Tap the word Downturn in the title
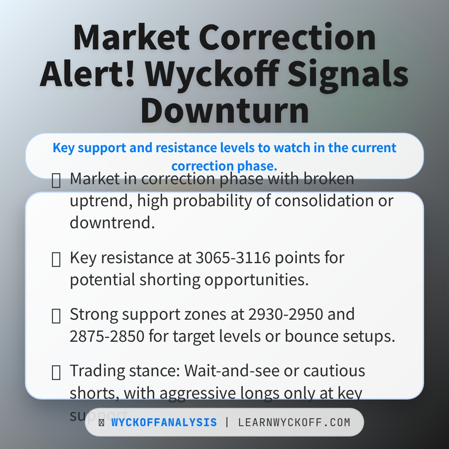tap(224, 111)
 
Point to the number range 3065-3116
tap(233, 258)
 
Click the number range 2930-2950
tap(286, 314)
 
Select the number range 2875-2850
tap(107, 336)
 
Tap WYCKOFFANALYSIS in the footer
tap(164, 423)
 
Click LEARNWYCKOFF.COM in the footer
tap(294, 423)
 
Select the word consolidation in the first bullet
tap(323, 201)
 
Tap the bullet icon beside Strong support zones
tap(56, 316)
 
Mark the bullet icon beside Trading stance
tap(56, 373)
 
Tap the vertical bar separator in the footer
tap(227, 423)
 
